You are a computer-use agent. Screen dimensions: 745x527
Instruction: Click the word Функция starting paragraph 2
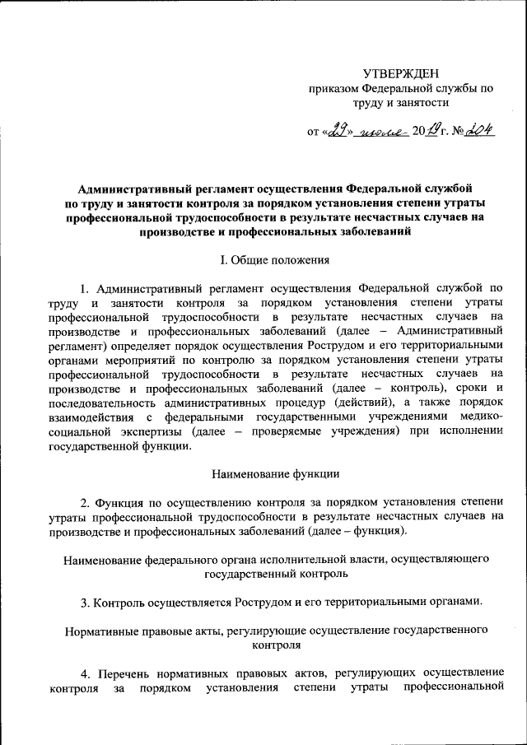point(124,501)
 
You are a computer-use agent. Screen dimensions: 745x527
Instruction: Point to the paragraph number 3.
point(85,601)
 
